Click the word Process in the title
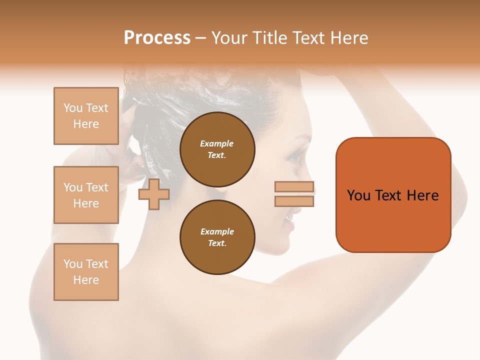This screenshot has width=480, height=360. pos(157,38)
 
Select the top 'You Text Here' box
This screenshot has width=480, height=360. pos(86,116)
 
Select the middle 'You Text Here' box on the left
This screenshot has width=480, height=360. pos(86,195)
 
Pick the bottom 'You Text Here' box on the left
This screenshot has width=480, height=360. pos(86,272)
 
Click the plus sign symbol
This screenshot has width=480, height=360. pos(153,194)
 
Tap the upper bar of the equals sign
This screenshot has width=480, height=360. pos(294,187)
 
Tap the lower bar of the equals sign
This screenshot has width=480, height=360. pos(294,201)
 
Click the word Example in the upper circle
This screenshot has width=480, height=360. pos(216,143)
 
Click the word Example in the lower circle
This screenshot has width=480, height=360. pos(217,231)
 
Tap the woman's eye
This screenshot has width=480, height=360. pos(294,159)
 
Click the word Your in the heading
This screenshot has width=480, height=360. pos(228,38)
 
